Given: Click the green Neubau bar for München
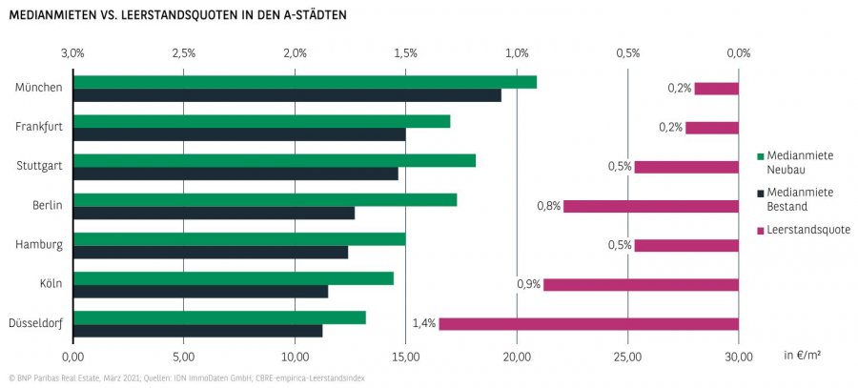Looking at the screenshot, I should pyautogui.click(x=305, y=82).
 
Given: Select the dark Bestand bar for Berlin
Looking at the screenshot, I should pyautogui.click(x=214, y=213).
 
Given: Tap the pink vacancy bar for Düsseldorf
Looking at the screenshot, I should pyautogui.click(x=588, y=324).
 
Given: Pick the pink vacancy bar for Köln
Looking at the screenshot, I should pyautogui.click(x=641, y=284).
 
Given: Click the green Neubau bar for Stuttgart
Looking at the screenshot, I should pyautogui.click(x=275, y=160).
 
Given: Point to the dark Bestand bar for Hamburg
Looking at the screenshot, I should pyautogui.click(x=211, y=252).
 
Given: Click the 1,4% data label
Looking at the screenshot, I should pyautogui.click(x=423, y=324).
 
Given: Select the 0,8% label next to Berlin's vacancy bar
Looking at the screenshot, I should pyautogui.click(x=548, y=206).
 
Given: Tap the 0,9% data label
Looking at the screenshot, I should pyautogui.click(x=528, y=284).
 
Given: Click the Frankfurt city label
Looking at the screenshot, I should pyautogui.click(x=39, y=127).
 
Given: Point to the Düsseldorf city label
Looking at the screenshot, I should pyautogui.click(x=36, y=324).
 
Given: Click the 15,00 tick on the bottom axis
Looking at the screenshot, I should pyautogui.click(x=405, y=357).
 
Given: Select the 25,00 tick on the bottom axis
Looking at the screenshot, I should pyautogui.click(x=627, y=357).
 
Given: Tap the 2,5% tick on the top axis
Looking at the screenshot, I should pyautogui.click(x=184, y=52).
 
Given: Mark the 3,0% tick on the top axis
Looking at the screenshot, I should pyautogui.click(x=72, y=52).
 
